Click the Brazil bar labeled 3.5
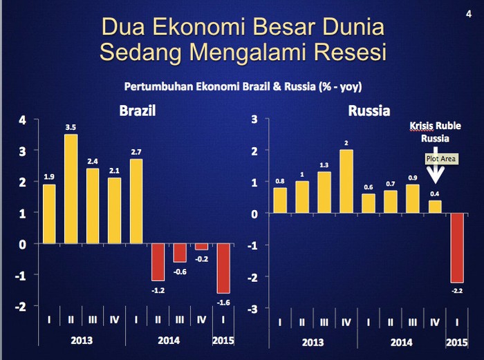coord(71,189)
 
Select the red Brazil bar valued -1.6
coord(223,268)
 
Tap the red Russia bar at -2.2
coord(457,247)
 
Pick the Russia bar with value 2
coord(346,182)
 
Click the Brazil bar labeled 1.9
coord(49,214)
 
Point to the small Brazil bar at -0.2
coord(202,247)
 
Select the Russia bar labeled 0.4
coord(435,207)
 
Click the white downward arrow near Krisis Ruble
coord(435,166)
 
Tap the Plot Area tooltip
coord(441,159)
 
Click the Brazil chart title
coord(138,111)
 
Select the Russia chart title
coord(369,111)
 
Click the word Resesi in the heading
coord(350,52)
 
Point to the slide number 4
coord(469,15)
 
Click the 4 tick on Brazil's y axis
coord(22,120)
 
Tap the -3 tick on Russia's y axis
coord(253,309)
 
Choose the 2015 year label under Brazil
coord(223,341)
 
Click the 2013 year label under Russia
coord(313,343)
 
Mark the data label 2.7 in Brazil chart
coord(136,152)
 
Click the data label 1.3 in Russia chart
coord(324,165)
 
